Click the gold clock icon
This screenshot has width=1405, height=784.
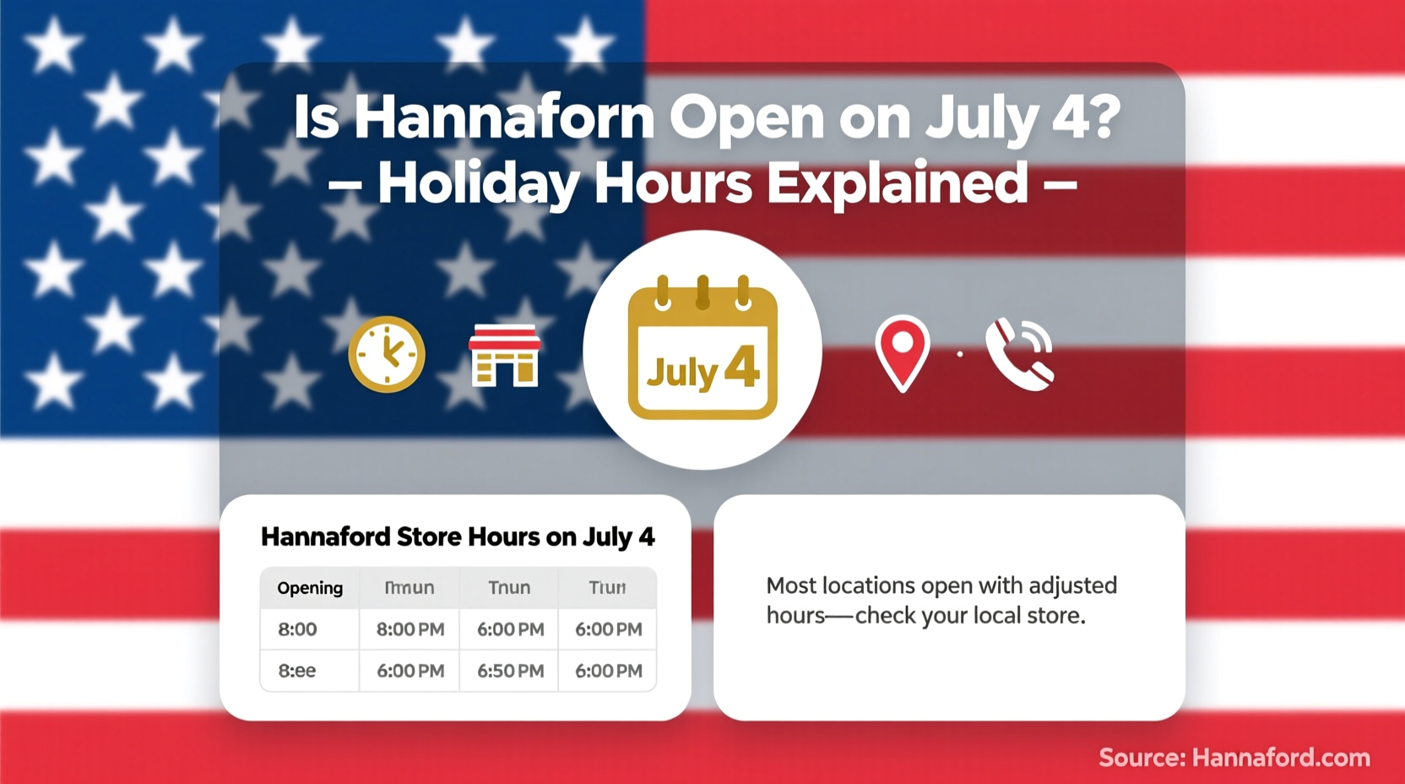tap(387, 354)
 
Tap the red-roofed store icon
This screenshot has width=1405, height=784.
tap(504, 355)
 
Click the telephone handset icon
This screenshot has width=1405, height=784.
tap(1019, 354)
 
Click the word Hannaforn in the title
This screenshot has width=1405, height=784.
tap(504, 117)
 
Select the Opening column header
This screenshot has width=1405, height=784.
tap(310, 588)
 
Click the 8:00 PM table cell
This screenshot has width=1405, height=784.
tap(410, 629)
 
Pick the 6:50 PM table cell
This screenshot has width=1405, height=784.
tap(510, 671)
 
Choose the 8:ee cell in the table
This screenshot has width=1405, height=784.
tap(297, 671)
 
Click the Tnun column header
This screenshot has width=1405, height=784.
tap(509, 588)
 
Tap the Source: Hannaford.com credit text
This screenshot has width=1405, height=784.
tap(1234, 758)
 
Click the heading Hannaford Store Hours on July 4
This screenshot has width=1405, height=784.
tap(458, 537)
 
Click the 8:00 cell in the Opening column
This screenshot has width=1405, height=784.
tap(297, 629)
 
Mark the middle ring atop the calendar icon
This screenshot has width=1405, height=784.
tap(702, 292)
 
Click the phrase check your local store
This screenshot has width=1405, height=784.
tap(970, 616)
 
